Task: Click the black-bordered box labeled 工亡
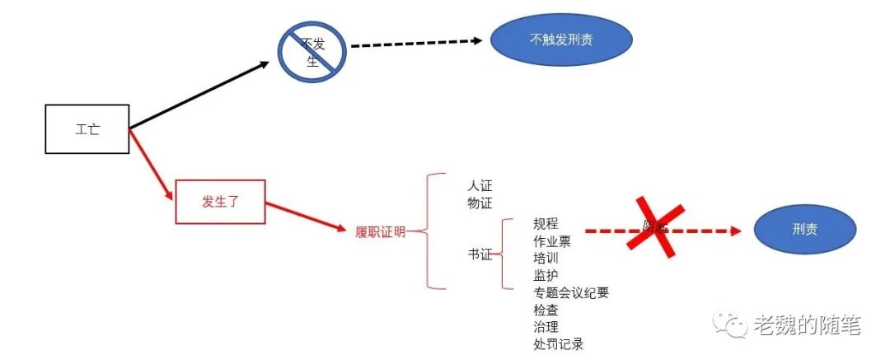[x=87, y=129]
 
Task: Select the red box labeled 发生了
[x=220, y=201]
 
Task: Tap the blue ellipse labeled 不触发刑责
[x=561, y=39]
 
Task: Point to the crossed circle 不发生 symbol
[x=311, y=50]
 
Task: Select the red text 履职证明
[x=380, y=232]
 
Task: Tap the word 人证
[x=480, y=186]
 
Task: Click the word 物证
[x=480, y=203]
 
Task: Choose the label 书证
[x=480, y=255]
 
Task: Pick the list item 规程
[x=546, y=223]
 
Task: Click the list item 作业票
[x=552, y=241]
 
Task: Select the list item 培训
[x=546, y=258]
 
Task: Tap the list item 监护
[x=546, y=275]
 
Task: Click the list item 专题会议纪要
[x=571, y=292]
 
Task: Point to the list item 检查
[x=546, y=310]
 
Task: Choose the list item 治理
[x=546, y=327]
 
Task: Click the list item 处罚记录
[x=559, y=344]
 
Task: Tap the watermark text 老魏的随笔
[x=806, y=325]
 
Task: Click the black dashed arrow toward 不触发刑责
[x=416, y=44]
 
